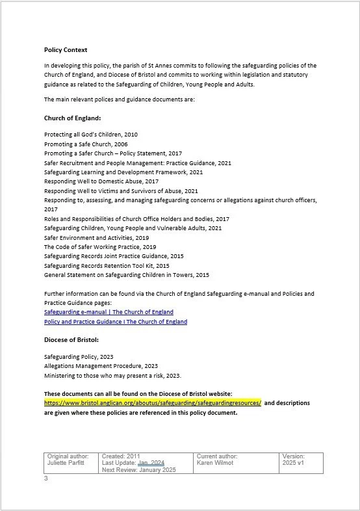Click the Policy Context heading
point(66,49)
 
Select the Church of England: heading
point(72,118)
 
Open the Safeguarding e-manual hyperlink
point(113,312)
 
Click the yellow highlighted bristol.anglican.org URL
point(153,402)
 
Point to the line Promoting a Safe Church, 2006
point(86,144)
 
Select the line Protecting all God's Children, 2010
point(91,135)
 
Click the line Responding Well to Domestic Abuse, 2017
point(101,181)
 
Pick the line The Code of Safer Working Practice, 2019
point(100,247)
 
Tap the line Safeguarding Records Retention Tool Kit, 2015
point(107,266)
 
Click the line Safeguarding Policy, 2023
point(79,357)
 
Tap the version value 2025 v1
point(294,463)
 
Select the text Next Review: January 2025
point(139,469)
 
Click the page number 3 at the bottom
point(46,479)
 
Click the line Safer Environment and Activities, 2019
point(97,238)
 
